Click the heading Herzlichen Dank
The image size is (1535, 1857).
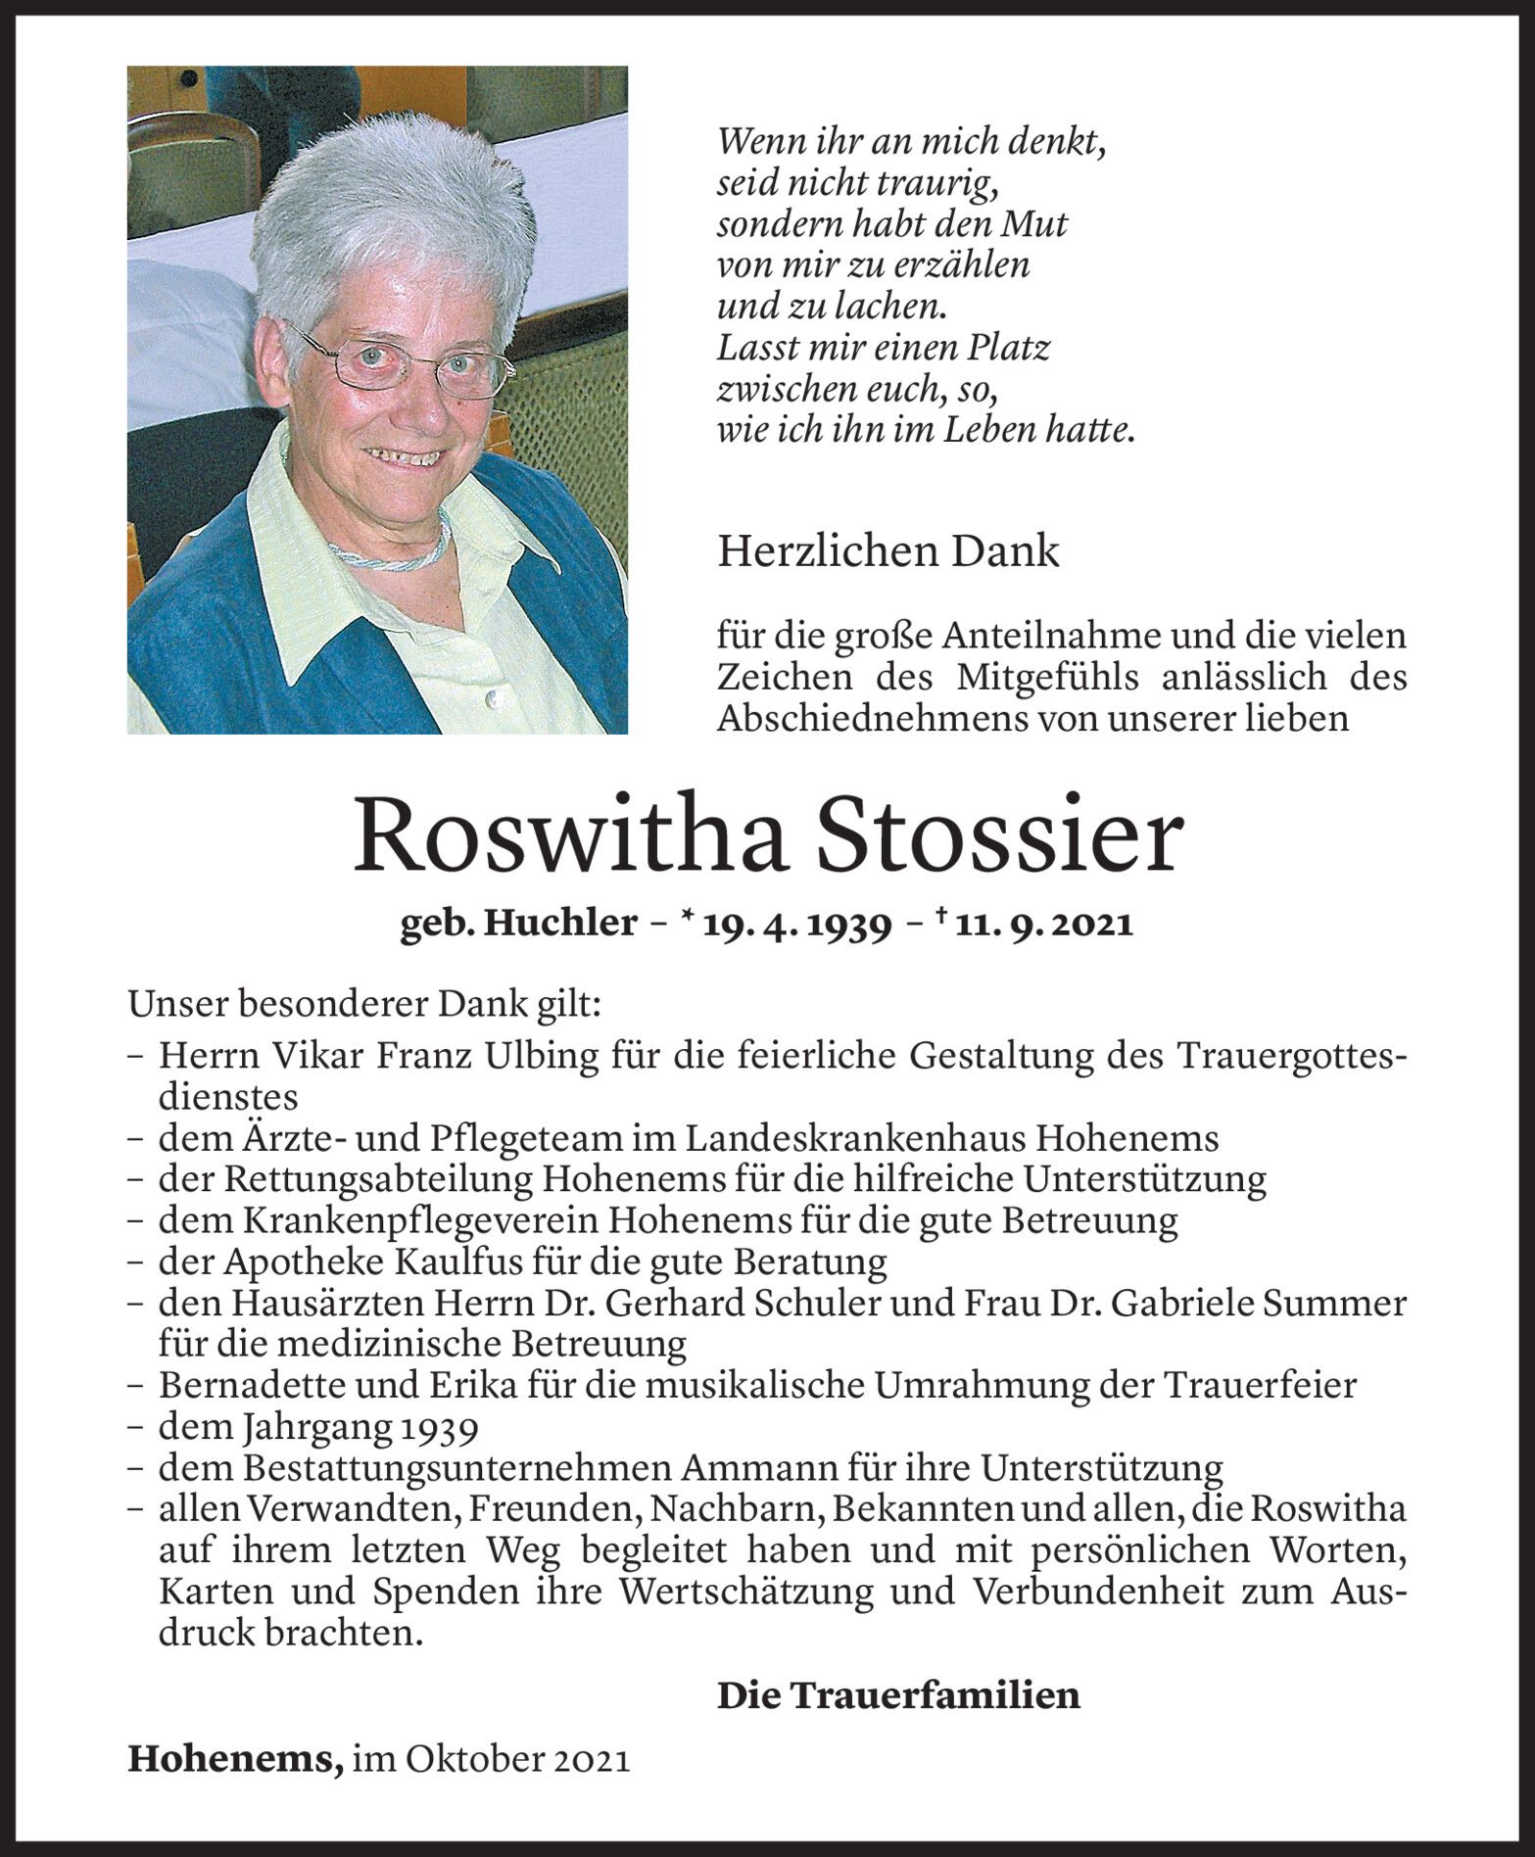pyautogui.click(x=887, y=551)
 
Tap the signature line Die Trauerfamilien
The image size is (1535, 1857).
pyautogui.click(x=898, y=1694)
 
